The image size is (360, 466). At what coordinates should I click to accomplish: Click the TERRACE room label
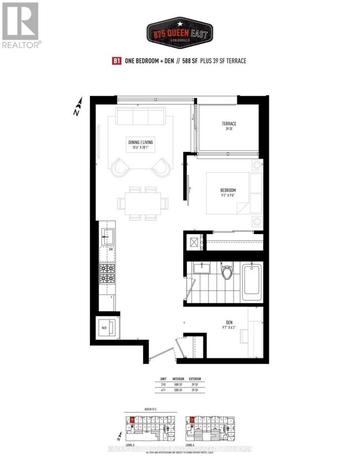click(230, 124)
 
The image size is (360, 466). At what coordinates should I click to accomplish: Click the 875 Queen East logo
click(179, 32)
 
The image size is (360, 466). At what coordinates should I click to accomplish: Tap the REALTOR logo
click(20, 25)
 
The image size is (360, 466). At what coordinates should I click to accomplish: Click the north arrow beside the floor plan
click(78, 107)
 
